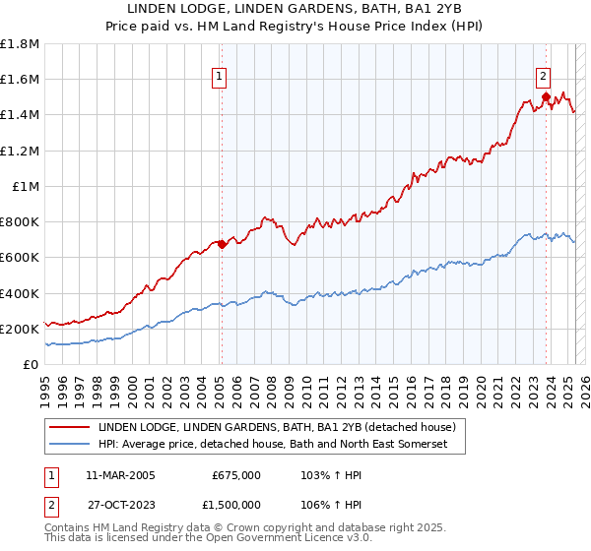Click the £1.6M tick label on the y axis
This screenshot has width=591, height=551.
[x=20, y=80]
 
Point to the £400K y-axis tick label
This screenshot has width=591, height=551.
[x=20, y=293]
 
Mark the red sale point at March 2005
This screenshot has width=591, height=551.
[x=222, y=244]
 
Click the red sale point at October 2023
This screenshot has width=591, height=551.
[x=545, y=96]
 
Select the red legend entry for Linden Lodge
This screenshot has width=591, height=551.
[x=276, y=428]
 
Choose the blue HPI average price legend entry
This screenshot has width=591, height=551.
[x=273, y=445]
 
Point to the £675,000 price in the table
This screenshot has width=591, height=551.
[x=236, y=474]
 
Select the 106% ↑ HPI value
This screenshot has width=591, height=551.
[x=324, y=504]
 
